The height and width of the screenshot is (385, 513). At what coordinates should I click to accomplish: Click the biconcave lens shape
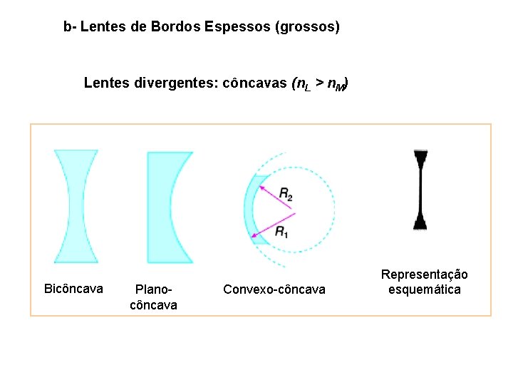(x=76, y=207)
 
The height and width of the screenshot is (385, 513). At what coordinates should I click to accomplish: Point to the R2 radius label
(x=286, y=193)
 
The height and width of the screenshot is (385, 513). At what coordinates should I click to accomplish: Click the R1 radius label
(x=281, y=232)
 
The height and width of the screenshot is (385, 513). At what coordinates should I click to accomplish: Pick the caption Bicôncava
(x=73, y=289)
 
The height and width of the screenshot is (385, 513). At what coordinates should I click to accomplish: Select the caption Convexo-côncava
(x=274, y=289)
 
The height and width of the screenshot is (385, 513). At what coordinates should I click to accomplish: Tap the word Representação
(x=425, y=274)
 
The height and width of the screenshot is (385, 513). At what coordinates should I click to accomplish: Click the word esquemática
(x=425, y=289)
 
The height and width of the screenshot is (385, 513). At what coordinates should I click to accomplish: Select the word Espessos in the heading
(x=232, y=27)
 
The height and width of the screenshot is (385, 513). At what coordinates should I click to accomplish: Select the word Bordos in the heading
(x=176, y=27)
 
